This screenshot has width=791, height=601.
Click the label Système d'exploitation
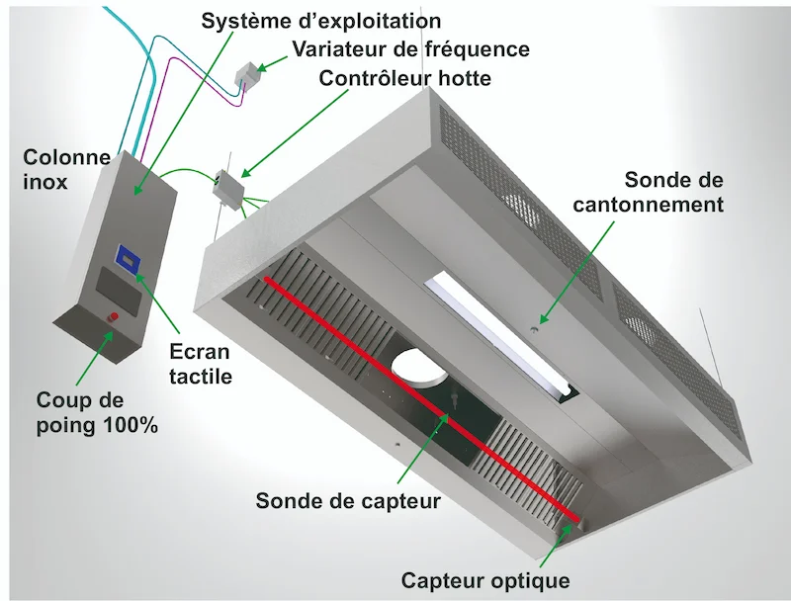coord(320,20)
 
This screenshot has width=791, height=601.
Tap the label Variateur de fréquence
coord(410,48)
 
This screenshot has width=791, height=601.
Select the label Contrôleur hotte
coord(403,78)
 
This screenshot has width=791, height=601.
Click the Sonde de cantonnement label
coord(673,193)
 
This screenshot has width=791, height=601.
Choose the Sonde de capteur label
coord(348,500)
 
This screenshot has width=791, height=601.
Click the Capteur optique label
coord(485,579)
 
